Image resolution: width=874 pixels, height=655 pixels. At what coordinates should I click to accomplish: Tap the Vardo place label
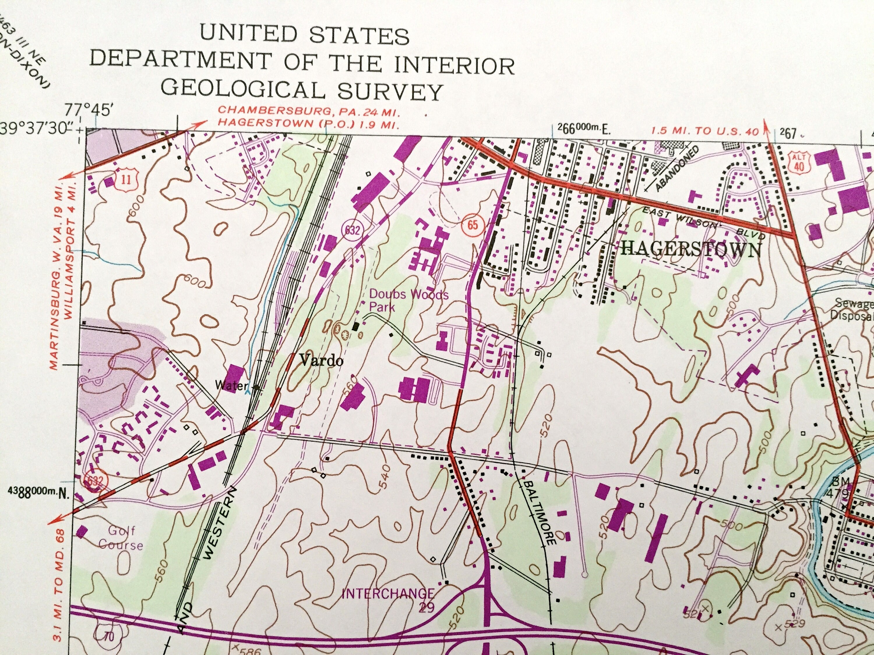321,360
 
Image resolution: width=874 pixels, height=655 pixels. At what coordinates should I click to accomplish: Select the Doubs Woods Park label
408,300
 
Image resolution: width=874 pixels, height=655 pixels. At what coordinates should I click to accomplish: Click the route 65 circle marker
472,225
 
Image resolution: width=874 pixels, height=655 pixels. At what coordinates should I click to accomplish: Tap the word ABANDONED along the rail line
676,169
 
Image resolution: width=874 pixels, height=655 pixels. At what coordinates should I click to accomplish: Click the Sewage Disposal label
853,309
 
